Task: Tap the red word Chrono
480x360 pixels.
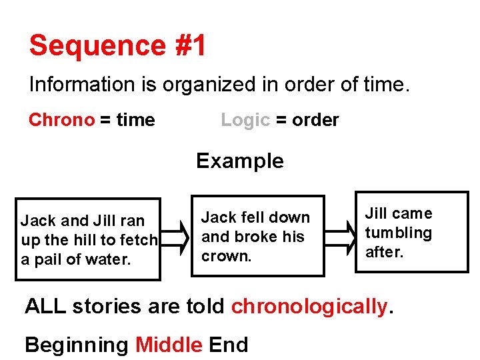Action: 61,120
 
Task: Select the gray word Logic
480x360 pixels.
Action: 245,120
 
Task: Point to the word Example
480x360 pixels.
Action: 239,161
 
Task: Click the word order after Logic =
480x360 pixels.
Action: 315,120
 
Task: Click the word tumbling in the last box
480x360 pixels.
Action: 398,233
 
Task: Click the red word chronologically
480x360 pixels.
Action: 309,306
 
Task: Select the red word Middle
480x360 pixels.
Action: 169,345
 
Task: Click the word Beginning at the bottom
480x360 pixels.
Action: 76,345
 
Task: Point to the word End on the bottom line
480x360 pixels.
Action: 228,345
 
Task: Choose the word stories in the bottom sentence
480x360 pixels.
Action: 108,306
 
